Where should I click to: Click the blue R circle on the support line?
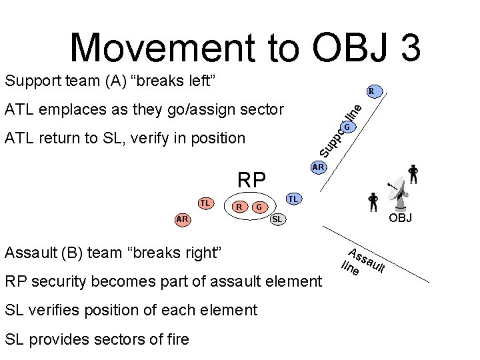(x=373, y=91)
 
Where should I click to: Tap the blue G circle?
(x=348, y=127)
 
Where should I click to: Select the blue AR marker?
(x=318, y=167)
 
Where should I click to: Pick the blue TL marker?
(x=292, y=199)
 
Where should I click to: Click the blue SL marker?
(x=277, y=219)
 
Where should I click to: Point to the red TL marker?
(x=207, y=202)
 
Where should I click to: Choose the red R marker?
(x=238, y=207)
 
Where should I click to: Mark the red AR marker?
(x=181, y=219)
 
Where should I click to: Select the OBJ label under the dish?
(x=401, y=218)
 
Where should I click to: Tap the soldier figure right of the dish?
(x=413, y=173)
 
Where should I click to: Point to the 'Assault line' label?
(x=363, y=262)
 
